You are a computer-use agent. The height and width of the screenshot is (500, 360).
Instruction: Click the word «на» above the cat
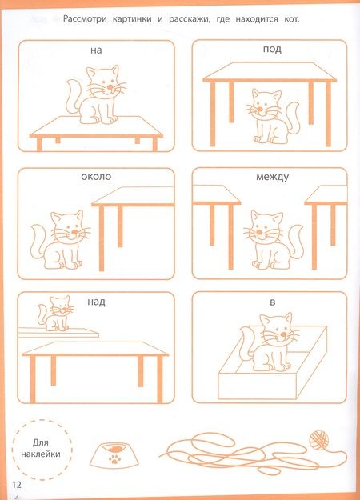(x=96, y=50)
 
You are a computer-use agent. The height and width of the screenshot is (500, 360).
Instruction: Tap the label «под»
(x=272, y=50)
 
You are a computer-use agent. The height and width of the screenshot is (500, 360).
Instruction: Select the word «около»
(x=96, y=176)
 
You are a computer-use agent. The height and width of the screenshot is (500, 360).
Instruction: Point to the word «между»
(x=272, y=177)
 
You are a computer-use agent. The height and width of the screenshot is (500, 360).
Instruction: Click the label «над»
(x=96, y=302)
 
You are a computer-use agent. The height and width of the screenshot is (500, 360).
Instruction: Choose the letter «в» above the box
(x=272, y=302)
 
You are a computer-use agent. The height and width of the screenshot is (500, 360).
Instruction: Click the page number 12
(x=17, y=485)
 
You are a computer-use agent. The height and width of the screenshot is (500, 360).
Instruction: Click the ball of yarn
(x=319, y=440)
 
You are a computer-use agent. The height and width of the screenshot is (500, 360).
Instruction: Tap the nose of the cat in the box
(x=283, y=334)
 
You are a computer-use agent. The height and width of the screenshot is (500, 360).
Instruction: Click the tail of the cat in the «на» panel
(x=74, y=96)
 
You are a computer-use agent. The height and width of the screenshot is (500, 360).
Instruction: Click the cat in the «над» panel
(x=56, y=313)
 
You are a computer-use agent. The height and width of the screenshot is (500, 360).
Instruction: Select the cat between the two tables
(x=273, y=240)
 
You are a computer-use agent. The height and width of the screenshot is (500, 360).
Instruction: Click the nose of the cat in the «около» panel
(x=74, y=232)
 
